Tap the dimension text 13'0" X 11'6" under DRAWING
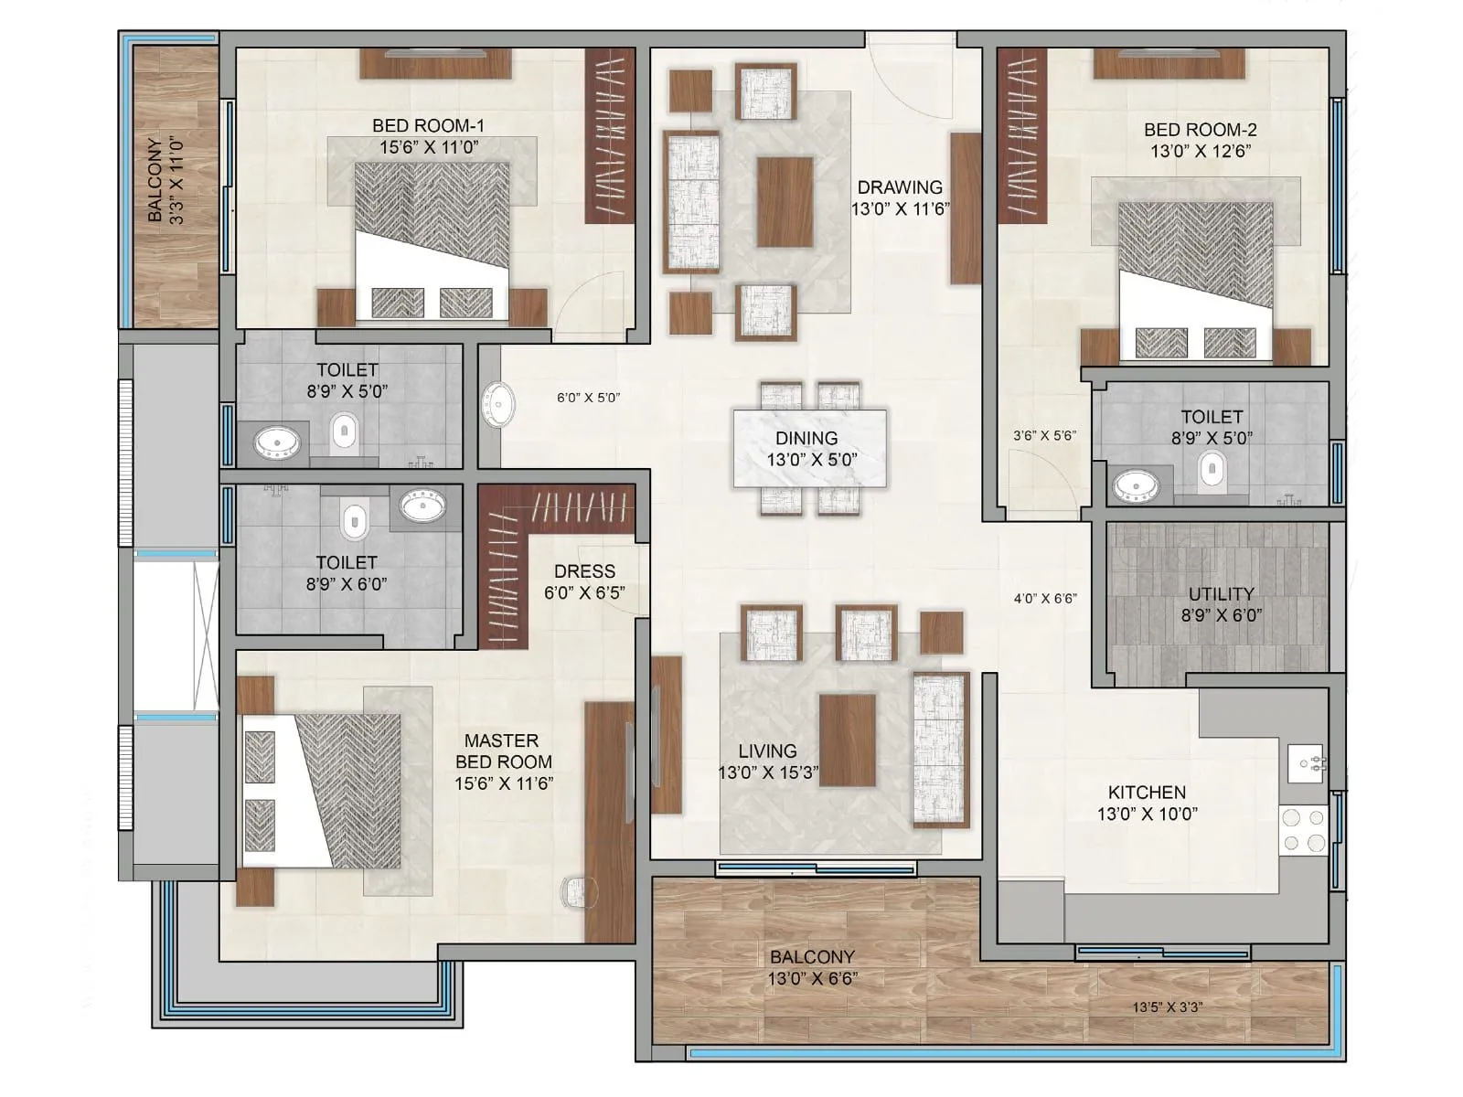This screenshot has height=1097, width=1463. click(x=900, y=208)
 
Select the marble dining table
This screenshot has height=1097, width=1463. click(x=809, y=448)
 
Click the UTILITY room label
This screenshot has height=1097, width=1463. click(x=1221, y=594)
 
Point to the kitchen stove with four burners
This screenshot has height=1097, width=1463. click(x=1303, y=830)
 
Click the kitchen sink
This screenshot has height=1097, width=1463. click(x=1305, y=762)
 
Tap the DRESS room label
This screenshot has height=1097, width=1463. click(x=584, y=571)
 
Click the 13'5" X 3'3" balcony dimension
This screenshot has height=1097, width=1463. click(x=1167, y=1007)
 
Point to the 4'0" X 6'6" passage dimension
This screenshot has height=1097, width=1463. click(x=1045, y=599)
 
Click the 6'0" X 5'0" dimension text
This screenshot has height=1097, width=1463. click(x=588, y=398)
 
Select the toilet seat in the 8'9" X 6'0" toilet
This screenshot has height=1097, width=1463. click(x=353, y=520)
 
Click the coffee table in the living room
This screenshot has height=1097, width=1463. click(x=847, y=739)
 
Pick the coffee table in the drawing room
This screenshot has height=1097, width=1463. click(x=785, y=201)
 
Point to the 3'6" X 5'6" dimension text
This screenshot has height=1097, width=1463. click(x=1044, y=436)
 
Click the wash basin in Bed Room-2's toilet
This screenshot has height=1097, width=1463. click(x=1136, y=485)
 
